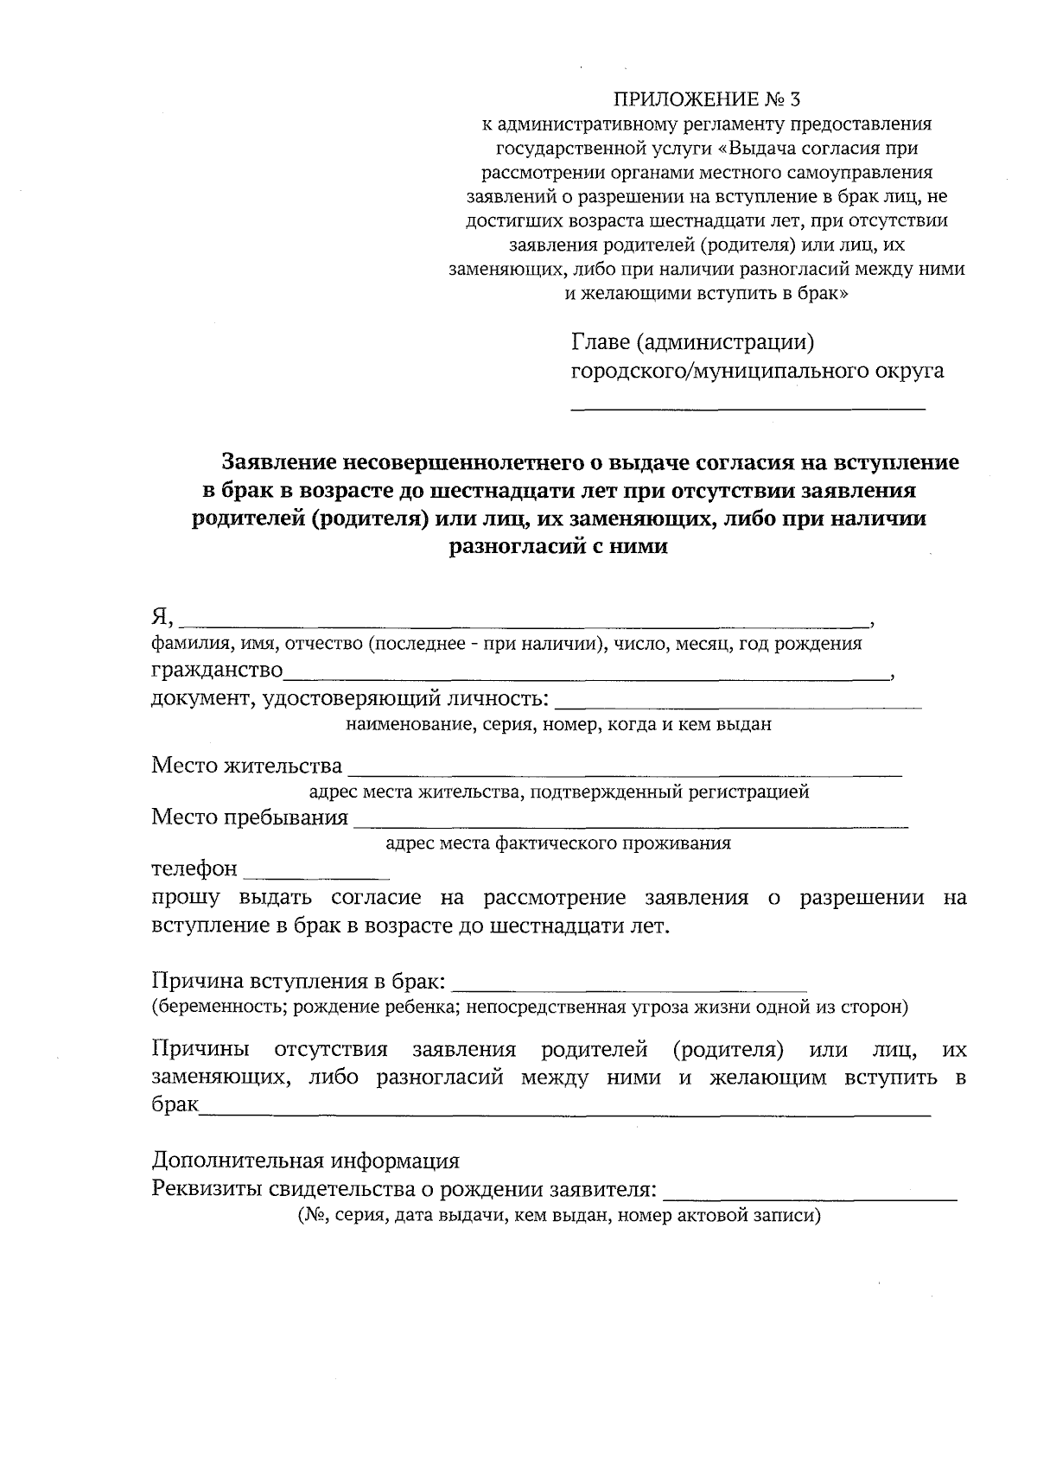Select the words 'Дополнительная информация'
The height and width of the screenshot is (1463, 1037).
306,1160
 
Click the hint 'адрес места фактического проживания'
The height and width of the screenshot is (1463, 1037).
558,843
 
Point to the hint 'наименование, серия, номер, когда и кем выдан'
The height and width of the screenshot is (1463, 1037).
558,725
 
